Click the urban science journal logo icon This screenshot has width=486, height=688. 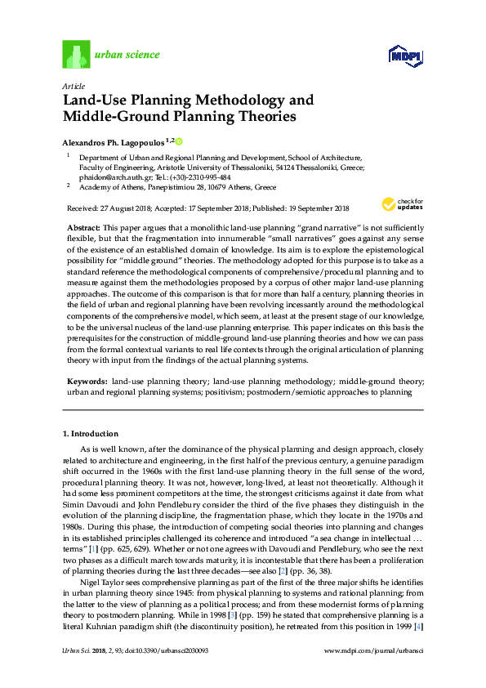(x=75, y=55)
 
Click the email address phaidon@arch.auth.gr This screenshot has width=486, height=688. (x=114, y=176)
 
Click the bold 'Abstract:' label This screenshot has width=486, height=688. (x=82, y=225)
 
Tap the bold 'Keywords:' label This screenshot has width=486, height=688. (x=86, y=382)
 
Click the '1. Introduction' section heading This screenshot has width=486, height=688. (x=91, y=433)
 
